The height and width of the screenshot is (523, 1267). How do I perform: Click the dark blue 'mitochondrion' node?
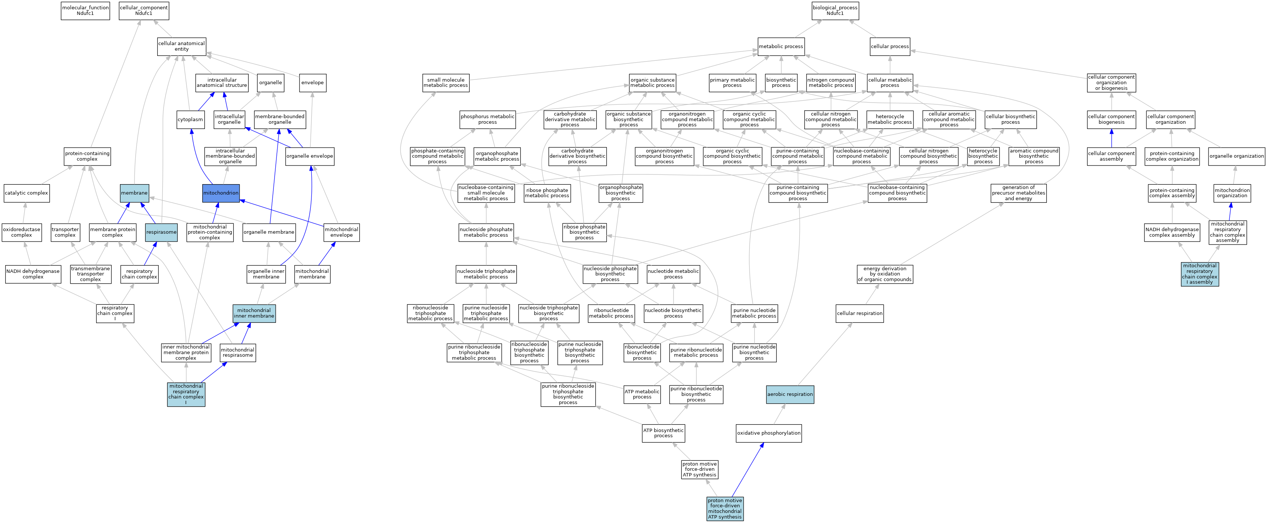click(221, 193)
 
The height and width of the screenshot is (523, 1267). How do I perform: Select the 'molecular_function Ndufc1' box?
click(85, 10)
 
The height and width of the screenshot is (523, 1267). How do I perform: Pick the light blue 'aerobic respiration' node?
click(790, 394)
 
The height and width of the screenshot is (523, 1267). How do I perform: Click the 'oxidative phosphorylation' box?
click(769, 433)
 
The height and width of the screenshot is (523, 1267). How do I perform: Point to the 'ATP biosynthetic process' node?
click(663, 433)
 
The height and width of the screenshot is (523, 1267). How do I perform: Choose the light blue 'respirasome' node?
click(161, 232)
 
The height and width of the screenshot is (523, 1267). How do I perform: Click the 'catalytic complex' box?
click(26, 193)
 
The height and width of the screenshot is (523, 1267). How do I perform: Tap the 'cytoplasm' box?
click(190, 120)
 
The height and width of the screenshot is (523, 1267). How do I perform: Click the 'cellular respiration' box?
click(860, 314)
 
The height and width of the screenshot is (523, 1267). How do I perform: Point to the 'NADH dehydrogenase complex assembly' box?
click(1172, 232)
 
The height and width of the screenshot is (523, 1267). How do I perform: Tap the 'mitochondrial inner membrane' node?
click(254, 314)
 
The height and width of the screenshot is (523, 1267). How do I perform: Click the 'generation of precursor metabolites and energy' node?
click(1018, 193)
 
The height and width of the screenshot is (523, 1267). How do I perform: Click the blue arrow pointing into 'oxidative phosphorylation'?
click(748, 470)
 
